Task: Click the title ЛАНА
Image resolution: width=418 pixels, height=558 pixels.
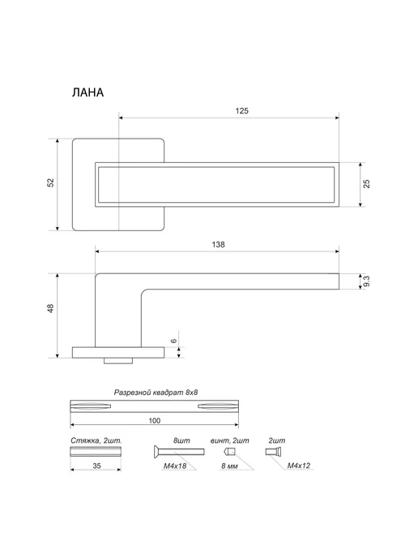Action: (x=87, y=92)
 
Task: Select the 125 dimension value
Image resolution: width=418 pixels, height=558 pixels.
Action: (x=241, y=110)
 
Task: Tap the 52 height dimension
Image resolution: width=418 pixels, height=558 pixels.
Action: (x=51, y=182)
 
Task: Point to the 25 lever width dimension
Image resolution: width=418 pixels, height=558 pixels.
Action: (x=367, y=184)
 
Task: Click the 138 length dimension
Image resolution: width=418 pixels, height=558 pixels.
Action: (x=218, y=244)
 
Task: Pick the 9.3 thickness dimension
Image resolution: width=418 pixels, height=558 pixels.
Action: (x=367, y=281)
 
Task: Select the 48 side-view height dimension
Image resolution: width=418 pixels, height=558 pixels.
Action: (x=51, y=308)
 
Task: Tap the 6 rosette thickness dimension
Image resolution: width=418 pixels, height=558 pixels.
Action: (x=174, y=341)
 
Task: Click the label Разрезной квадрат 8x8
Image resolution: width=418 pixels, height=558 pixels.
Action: (x=156, y=393)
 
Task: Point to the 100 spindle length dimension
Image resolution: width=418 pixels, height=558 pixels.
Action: (x=154, y=421)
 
